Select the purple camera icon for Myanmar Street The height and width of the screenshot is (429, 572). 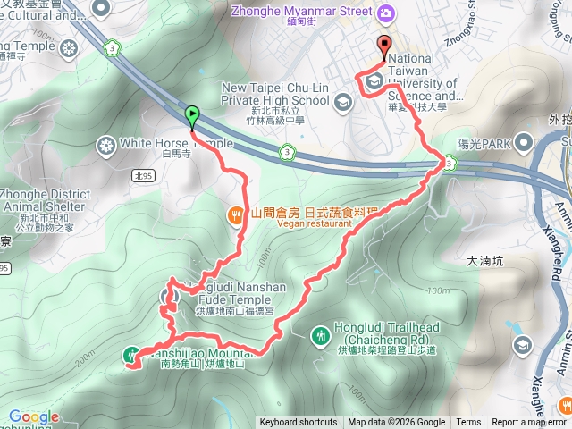385,12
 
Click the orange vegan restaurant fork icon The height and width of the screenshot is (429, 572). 236,214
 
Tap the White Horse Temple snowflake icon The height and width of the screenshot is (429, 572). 106,144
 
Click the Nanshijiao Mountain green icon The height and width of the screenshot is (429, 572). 131,354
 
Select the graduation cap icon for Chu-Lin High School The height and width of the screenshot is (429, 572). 342,104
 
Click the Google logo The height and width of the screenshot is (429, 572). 33,417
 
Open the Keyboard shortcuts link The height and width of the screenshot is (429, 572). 299,423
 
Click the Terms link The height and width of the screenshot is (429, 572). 468,423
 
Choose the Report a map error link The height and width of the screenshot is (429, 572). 528,423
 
